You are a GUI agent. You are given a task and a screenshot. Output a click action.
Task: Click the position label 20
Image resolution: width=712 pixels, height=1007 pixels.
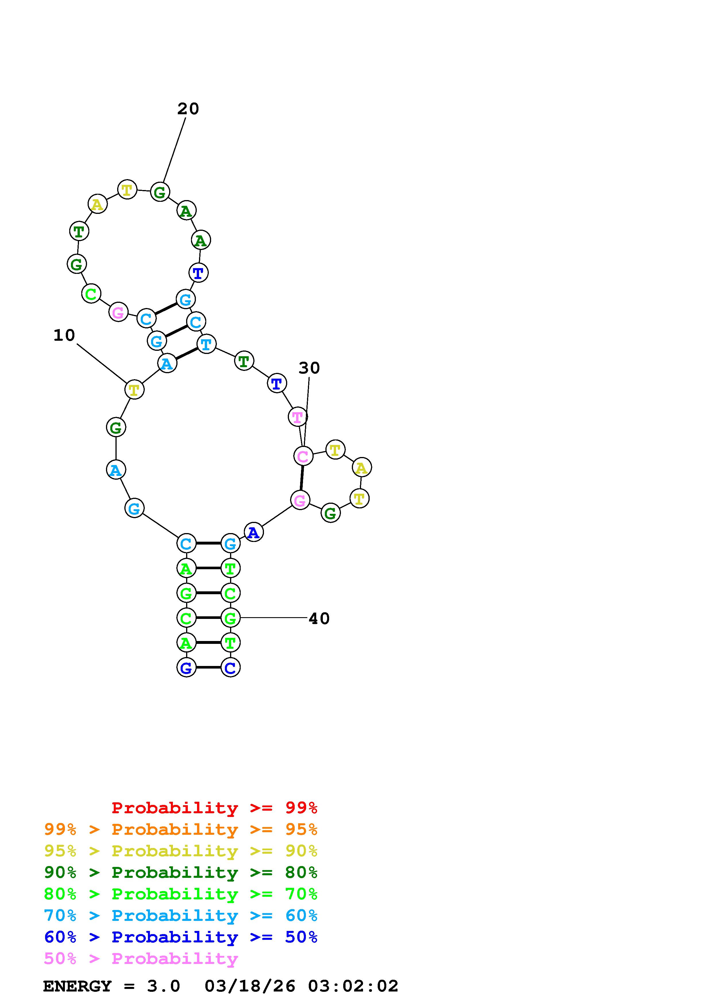[188, 109]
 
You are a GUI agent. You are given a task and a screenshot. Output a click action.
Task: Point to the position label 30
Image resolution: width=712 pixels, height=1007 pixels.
[309, 368]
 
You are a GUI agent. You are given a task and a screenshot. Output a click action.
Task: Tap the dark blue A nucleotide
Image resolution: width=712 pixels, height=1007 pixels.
[254, 532]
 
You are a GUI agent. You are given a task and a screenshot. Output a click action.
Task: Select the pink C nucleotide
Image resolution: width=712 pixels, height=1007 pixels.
[303, 456]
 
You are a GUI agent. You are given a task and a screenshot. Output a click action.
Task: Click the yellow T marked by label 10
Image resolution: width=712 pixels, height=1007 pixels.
[134, 390]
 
